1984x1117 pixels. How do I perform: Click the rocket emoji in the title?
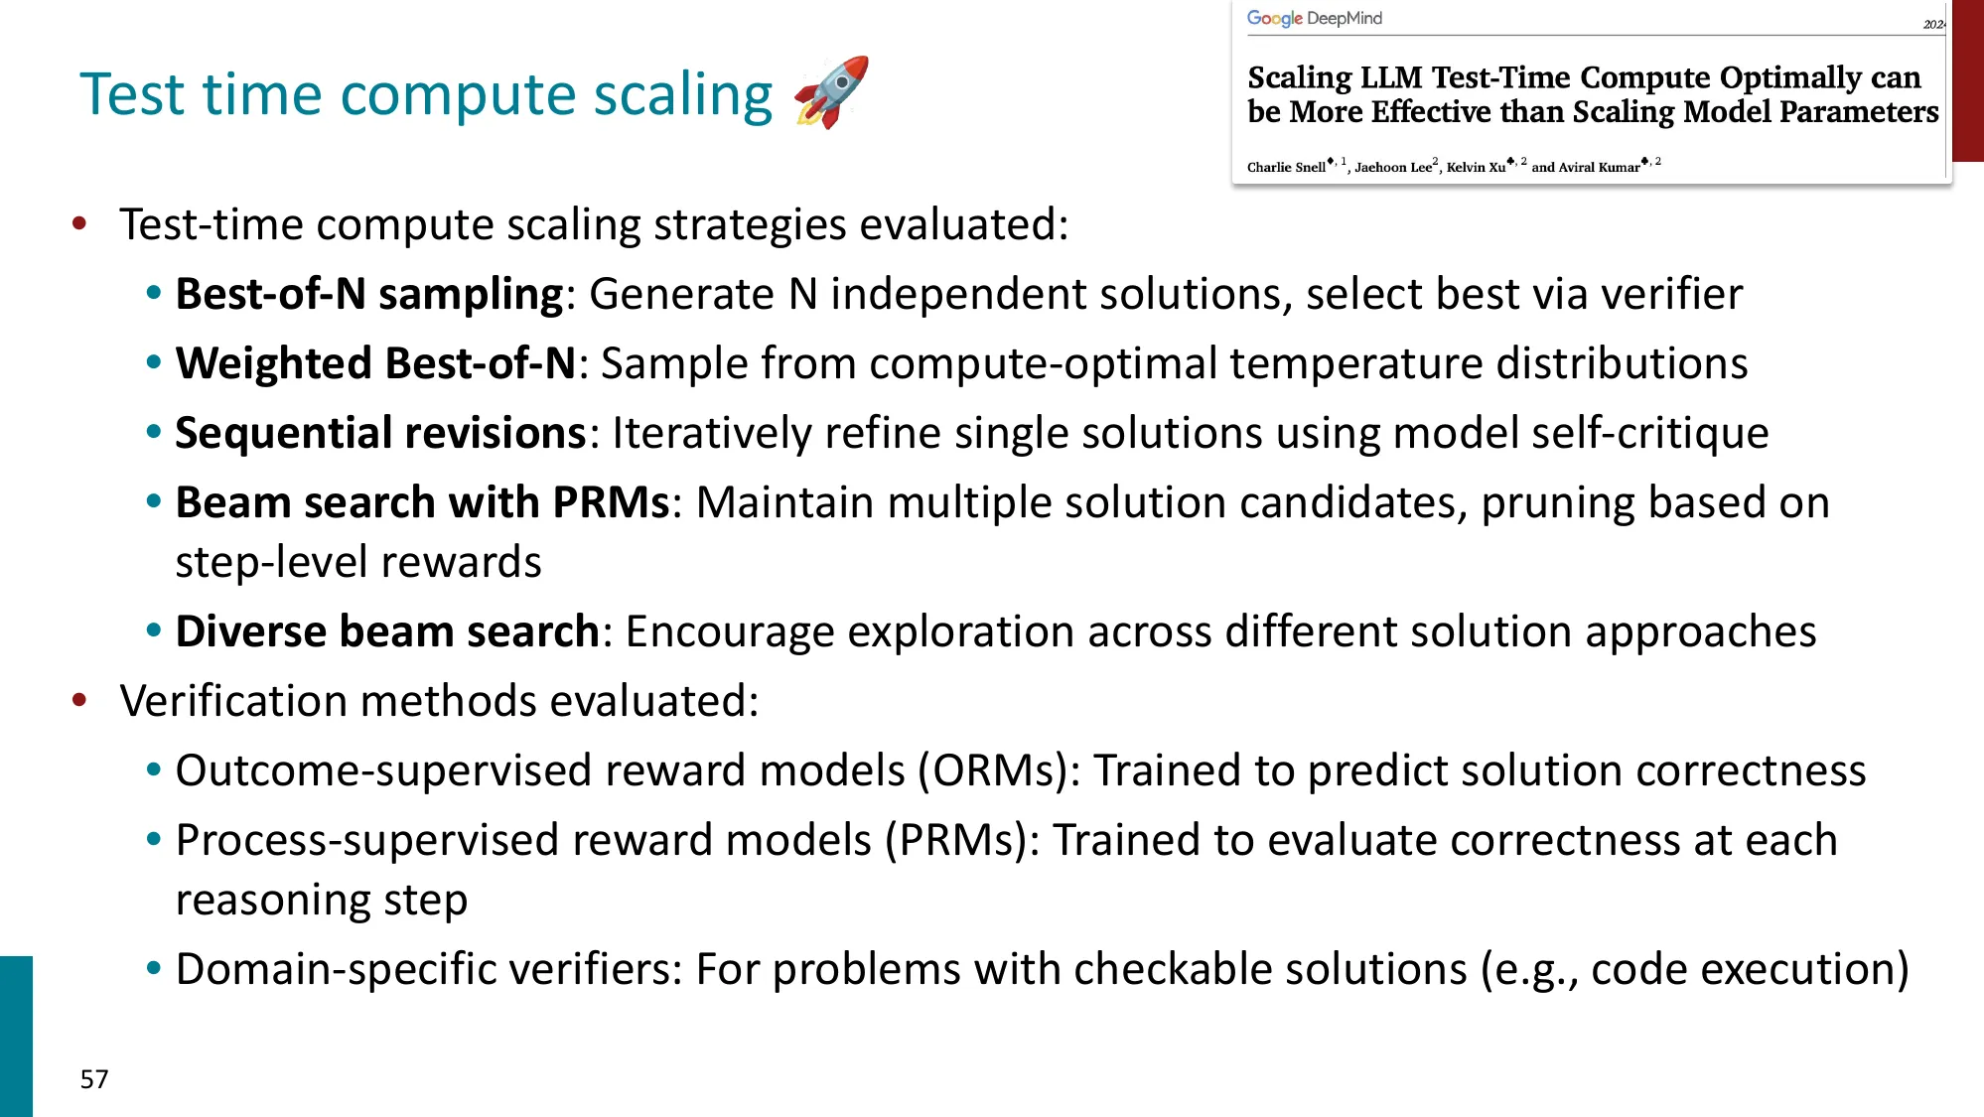832,92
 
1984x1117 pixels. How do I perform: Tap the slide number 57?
94,1079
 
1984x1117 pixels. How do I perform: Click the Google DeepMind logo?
1314,18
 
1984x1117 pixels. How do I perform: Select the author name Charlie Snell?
1286,167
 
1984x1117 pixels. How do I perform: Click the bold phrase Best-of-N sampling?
369,294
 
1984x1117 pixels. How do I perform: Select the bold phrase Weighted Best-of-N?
375,363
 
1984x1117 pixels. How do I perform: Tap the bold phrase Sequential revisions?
380,433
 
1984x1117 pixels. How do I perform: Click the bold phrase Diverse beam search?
387,631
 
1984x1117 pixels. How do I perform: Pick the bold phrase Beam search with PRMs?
422,502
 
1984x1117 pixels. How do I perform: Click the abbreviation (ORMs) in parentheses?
998,770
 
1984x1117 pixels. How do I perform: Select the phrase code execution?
1739,969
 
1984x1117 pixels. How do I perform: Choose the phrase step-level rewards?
358,562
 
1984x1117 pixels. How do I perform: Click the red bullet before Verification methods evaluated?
79,701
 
